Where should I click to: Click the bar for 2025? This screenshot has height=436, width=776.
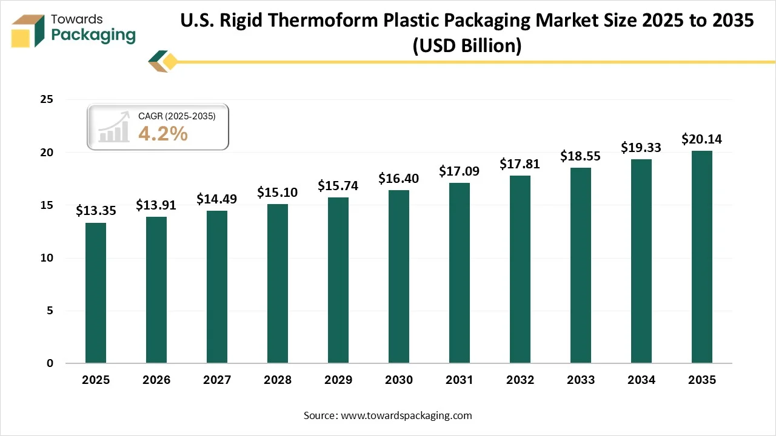click(96, 293)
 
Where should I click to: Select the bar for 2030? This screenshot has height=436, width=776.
click(399, 277)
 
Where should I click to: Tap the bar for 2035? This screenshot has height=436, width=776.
click(702, 257)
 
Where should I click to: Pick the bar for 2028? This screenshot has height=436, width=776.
click(278, 283)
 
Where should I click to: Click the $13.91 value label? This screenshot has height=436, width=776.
click(156, 205)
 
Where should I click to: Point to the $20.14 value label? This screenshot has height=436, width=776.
click(701, 139)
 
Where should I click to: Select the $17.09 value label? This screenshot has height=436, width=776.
click(459, 171)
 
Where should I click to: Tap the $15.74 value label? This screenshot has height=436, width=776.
click(338, 186)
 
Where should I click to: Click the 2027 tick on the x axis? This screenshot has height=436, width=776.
click(217, 380)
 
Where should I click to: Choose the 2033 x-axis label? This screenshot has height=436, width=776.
click(581, 380)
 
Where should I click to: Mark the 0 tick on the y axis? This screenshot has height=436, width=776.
click(50, 363)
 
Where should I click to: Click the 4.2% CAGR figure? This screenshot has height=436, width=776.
click(162, 134)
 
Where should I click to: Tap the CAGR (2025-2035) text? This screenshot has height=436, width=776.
click(176, 116)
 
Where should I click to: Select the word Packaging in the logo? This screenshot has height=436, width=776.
click(93, 35)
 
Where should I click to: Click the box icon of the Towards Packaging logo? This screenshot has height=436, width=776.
click(28, 30)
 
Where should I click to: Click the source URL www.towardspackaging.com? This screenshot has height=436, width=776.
click(406, 415)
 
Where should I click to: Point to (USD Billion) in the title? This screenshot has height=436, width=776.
click(467, 46)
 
